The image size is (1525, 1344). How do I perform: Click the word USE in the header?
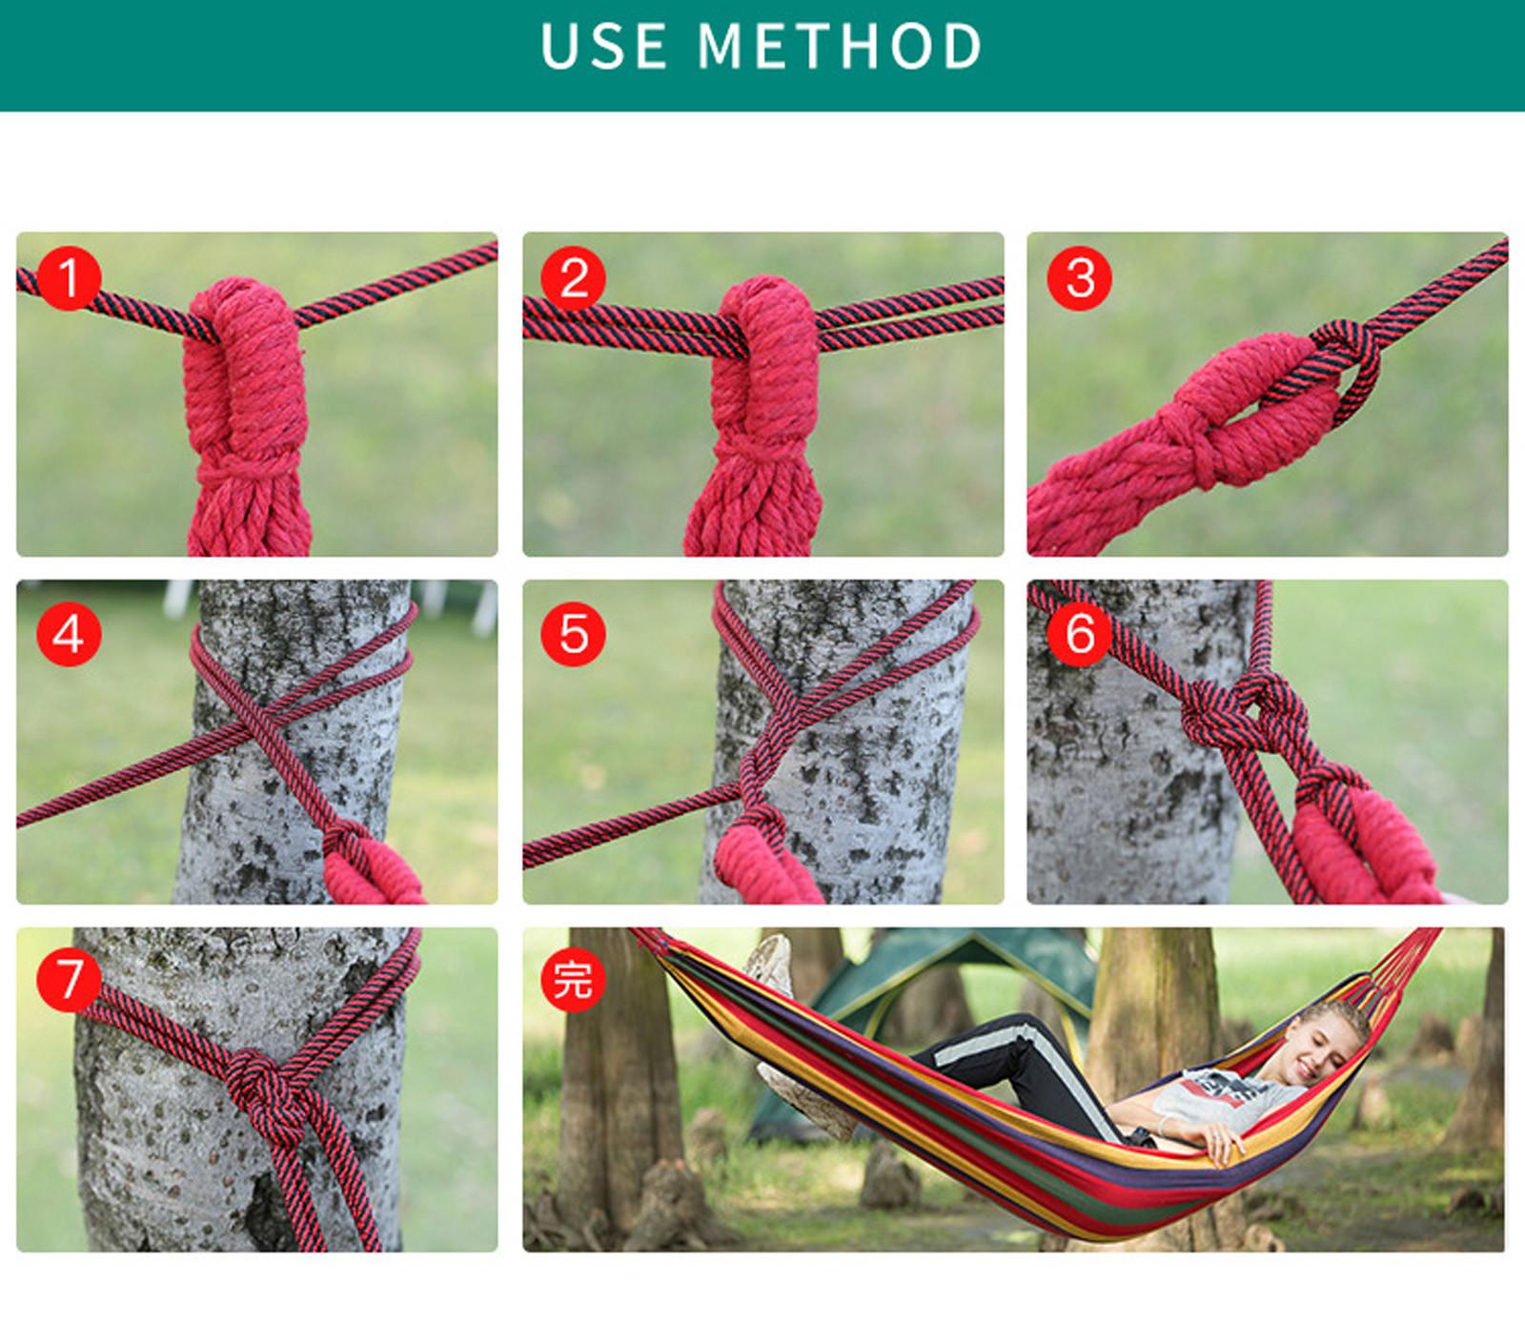603,46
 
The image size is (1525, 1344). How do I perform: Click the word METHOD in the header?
840,46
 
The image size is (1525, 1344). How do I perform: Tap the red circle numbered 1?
69,278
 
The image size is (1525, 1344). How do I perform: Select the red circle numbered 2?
574,278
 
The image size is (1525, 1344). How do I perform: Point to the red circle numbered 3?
1080,278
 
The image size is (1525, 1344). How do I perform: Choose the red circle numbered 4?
69,633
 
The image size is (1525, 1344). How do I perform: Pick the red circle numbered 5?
574,633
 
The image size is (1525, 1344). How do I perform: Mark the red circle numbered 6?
1080,633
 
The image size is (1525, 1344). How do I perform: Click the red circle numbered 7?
69,980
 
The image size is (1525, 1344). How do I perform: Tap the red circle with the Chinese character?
573,980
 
